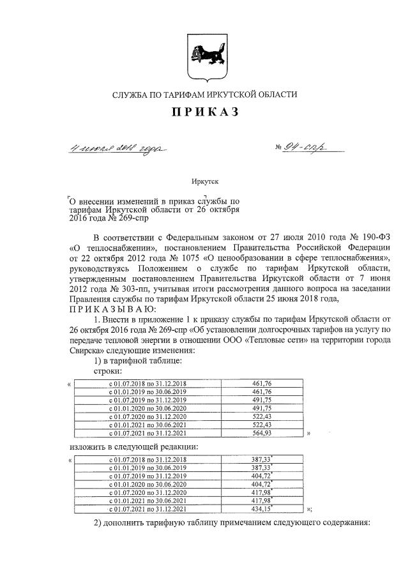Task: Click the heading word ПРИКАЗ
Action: [204, 112]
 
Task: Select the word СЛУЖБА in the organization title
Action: [130, 95]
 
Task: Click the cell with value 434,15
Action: [262, 508]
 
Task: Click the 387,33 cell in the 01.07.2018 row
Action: [262, 459]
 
